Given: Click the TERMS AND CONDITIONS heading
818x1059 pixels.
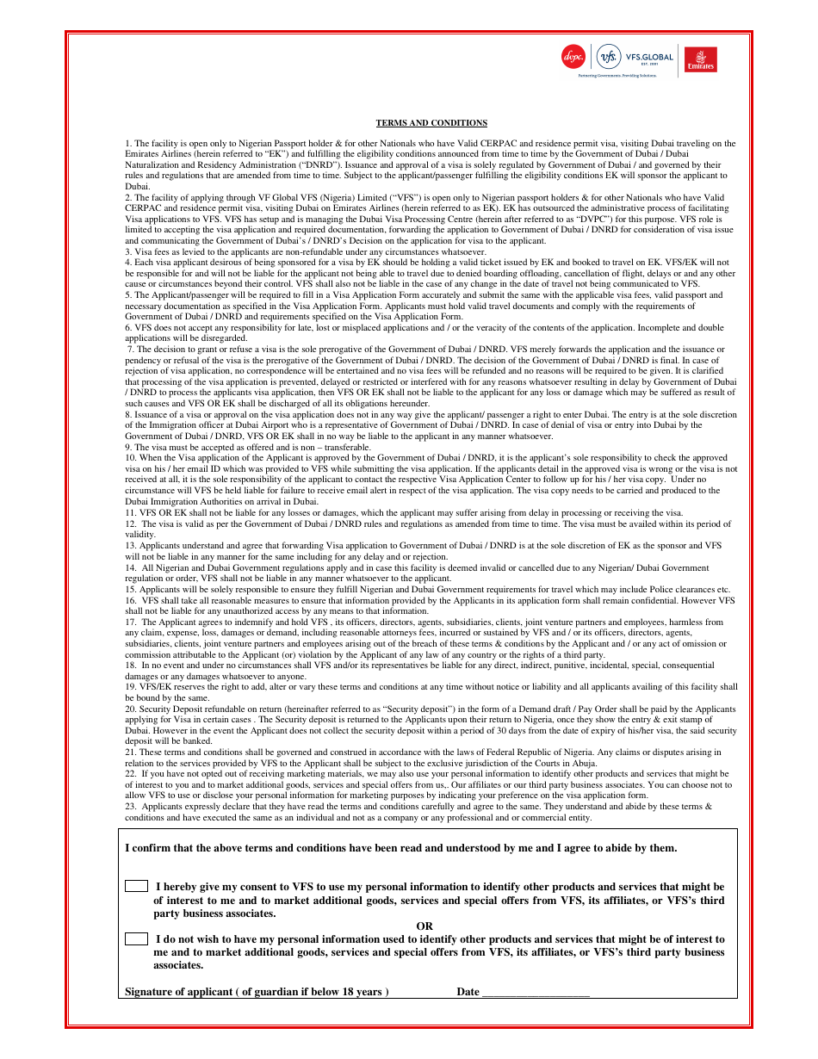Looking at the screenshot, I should coord(431,123).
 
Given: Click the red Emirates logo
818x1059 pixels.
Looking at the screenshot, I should coord(700,59).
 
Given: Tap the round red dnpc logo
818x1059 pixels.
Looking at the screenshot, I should coord(573,57).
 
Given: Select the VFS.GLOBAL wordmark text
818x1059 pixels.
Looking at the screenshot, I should coord(650,57).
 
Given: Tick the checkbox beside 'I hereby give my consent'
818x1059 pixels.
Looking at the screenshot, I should coord(136,886).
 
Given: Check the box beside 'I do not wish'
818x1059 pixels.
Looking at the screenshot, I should coord(136,939).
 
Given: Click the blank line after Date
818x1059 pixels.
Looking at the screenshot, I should coord(536,993).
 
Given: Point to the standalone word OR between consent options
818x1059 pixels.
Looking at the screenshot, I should coord(424,926).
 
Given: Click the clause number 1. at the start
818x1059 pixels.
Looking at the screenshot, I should coord(128,144).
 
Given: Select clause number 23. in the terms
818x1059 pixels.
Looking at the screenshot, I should coord(131,807).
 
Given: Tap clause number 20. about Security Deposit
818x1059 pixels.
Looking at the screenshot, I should coord(131,709).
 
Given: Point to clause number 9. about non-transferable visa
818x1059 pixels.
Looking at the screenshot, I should coord(128,447).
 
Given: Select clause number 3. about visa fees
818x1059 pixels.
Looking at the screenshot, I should coord(128,251).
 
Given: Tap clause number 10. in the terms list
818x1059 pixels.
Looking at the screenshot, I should coord(131,458).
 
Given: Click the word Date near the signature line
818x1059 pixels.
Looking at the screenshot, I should coord(468,992).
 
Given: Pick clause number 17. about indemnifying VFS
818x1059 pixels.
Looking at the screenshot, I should coord(131,622).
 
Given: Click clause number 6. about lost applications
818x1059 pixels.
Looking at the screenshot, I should coord(128,327).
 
